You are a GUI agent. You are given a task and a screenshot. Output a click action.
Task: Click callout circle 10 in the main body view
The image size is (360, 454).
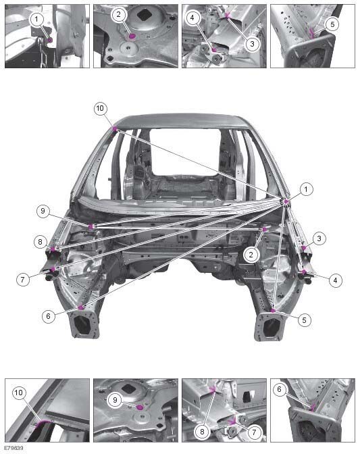point(100,109)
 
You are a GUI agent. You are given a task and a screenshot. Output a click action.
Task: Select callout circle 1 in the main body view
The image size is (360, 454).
point(306,190)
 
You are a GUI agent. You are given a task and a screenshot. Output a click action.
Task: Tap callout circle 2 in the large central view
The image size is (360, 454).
point(251,255)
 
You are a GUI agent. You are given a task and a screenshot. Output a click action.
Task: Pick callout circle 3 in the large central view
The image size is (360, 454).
point(319,238)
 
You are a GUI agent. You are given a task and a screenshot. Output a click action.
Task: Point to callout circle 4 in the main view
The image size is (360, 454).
point(335,280)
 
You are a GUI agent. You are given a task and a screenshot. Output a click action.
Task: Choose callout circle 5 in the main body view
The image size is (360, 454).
point(304,320)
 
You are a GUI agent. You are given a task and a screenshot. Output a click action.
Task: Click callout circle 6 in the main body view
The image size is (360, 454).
point(49,316)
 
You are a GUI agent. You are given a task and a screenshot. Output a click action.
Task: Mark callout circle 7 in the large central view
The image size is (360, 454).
point(23,280)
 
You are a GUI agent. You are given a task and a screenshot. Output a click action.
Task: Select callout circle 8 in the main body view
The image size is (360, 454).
point(41,241)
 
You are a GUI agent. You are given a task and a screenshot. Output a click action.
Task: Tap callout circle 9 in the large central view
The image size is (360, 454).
point(43,211)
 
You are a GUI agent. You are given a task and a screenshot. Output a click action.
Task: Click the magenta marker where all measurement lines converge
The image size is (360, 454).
point(286,201)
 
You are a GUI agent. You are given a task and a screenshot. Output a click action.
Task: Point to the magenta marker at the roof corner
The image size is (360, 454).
point(115,128)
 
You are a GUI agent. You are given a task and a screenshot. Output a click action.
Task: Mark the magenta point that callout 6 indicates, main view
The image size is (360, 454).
point(81,307)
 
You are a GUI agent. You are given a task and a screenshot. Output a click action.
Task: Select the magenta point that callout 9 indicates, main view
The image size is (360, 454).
point(91,226)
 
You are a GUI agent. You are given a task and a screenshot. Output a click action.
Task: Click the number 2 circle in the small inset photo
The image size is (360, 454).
point(118,14)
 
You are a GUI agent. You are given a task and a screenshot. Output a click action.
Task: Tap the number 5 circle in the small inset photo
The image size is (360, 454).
point(332,24)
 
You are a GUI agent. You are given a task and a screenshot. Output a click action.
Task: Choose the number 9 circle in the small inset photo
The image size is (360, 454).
point(115,400)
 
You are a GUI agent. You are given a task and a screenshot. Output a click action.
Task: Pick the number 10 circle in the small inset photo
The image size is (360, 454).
point(18,393)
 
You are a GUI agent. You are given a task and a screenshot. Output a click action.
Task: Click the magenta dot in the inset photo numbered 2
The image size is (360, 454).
point(132,36)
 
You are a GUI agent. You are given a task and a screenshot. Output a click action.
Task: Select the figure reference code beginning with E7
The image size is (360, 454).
point(14,449)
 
